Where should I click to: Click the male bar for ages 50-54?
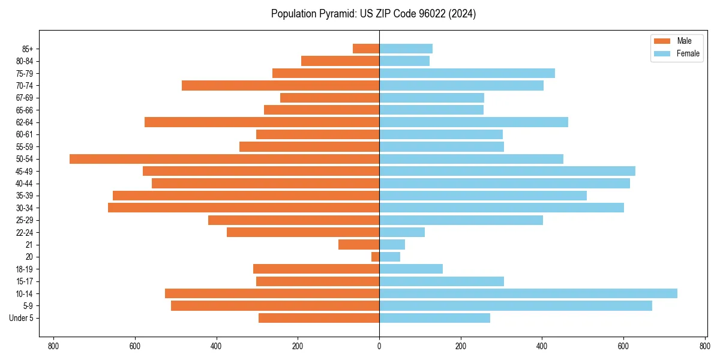224,159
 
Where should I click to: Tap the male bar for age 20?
375,257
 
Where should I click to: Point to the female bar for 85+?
406,49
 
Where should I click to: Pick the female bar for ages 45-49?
507,171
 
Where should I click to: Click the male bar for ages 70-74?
280,85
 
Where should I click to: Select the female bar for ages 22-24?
402,232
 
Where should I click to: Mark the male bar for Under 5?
319,318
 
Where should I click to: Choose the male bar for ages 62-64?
262,122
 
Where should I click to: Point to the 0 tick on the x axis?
379,346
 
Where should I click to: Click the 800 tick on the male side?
53,346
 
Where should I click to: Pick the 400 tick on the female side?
542,346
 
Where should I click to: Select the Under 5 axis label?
21,318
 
